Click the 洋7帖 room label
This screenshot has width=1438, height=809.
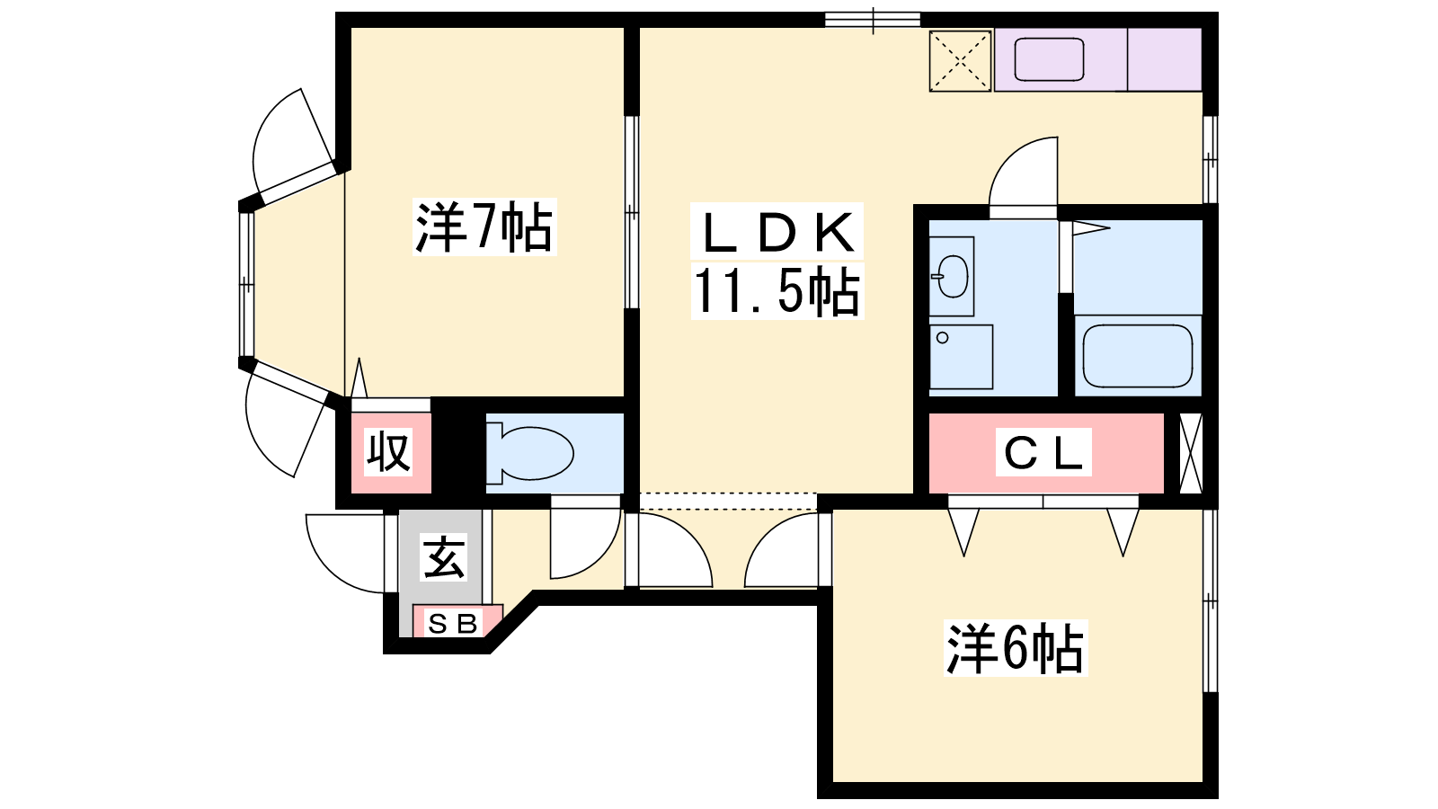point(484,228)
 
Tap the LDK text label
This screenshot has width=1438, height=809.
point(777,232)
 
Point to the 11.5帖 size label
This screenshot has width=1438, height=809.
point(777,291)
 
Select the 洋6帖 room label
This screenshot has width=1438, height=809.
point(1016,648)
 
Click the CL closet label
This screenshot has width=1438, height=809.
point(1043,453)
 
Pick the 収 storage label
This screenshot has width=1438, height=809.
point(388,452)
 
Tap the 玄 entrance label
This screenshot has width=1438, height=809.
point(443,557)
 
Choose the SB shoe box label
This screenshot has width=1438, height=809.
point(454,624)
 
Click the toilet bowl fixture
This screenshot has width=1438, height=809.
point(529,453)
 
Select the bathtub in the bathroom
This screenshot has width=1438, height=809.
point(1138,356)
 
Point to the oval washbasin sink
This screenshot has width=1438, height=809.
point(953,276)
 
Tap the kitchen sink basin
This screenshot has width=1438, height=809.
point(1049,59)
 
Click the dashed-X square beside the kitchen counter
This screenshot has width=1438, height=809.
point(961,61)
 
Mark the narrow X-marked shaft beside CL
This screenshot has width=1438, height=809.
point(1191,453)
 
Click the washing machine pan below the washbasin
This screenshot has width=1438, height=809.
point(961,357)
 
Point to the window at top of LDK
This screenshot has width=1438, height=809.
point(873,20)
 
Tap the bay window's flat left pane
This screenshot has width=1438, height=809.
point(246,284)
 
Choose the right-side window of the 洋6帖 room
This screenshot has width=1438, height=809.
point(1210,600)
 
